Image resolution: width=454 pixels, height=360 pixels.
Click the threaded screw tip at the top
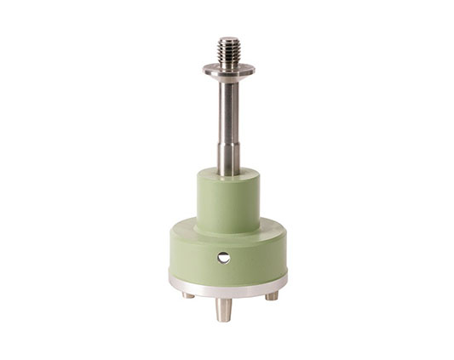pyautogui.click(x=228, y=52)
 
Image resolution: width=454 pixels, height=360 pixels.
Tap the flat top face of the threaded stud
pyautogui.click(x=228, y=38)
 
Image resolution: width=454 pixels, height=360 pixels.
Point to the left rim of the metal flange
pyautogui.click(x=206, y=69)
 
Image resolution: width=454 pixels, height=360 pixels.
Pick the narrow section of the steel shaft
pyautogui.click(x=227, y=111)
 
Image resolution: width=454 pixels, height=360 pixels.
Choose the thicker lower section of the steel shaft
pyautogui.click(x=227, y=158)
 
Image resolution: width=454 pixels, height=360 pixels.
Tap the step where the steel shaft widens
pyautogui.click(x=227, y=144)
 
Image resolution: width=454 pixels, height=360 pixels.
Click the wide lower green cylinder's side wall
pyautogui.click(x=192, y=255)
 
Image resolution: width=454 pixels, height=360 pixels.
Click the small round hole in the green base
pyautogui.click(x=223, y=257)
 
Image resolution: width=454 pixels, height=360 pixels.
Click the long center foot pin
pyautogui.click(x=223, y=306)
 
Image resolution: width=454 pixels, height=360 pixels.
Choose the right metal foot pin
pyautogui.click(x=271, y=295)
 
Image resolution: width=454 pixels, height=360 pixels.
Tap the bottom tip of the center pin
pyautogui.click(x=223, y=319)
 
